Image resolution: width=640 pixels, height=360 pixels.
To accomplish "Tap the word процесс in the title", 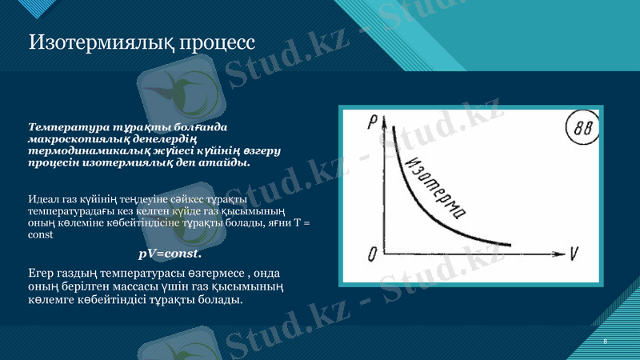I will tap(214, 41).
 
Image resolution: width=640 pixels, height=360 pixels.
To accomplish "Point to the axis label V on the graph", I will tap(574, 254).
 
